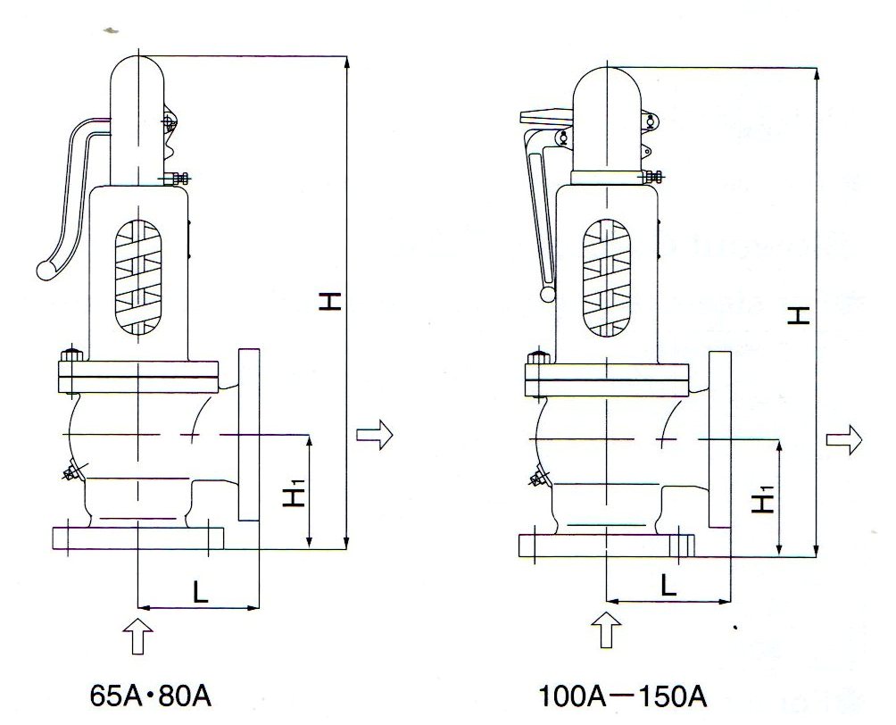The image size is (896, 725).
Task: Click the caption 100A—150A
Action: pos(624,695)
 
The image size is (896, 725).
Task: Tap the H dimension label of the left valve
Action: pos(331,303)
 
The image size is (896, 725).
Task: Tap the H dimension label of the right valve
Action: pos(801,313)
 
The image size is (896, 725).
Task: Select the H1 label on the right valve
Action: pos(761,504)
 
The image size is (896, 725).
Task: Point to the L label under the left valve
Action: pos(200,591)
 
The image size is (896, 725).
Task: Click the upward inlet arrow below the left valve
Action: pos(137,634)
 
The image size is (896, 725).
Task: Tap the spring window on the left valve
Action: pos(137,279)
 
